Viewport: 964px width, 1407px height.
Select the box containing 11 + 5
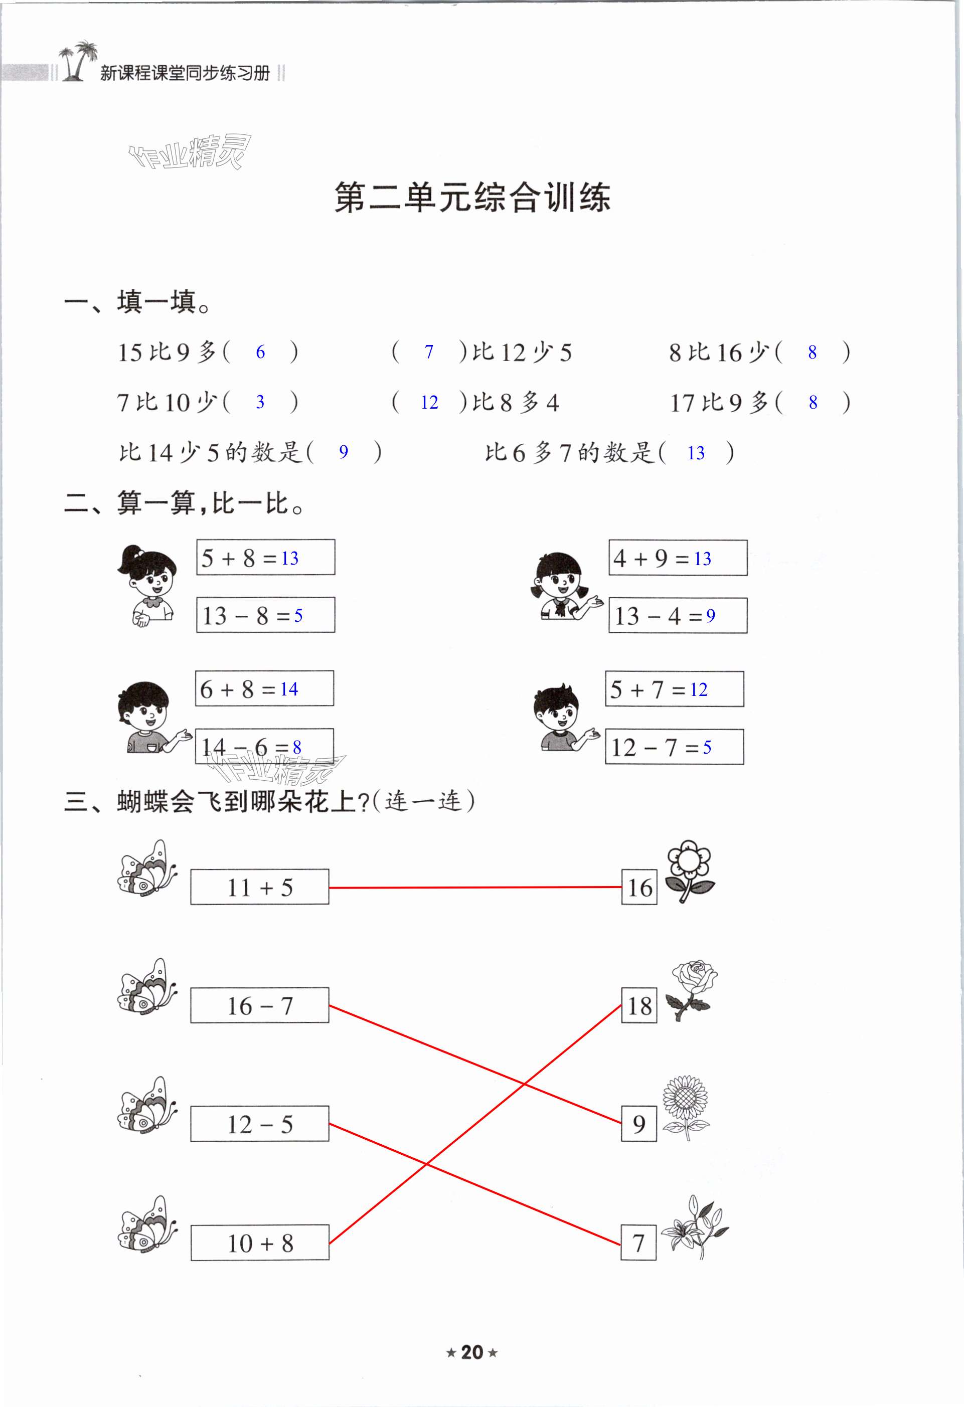[260, 887]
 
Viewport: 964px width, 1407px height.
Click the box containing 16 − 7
[260, 1005]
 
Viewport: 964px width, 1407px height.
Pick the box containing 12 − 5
[260, 1124]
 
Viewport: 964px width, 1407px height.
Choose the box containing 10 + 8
[260, 1243]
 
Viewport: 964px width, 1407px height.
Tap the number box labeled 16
[639, 888]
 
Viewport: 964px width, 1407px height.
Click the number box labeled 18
[639, 1005]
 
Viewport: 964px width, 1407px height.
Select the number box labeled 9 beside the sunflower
[639, 1124]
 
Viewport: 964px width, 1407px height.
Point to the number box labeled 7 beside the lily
[638, 1243]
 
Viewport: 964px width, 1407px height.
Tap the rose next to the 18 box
[690, 990]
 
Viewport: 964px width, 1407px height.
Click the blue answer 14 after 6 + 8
[289, 689]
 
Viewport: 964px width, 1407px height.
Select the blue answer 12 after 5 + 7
[698, 689]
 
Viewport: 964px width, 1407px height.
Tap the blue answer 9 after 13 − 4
[710, 616]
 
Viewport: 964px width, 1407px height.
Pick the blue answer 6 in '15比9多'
[260, 352]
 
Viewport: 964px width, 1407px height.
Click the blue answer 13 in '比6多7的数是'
[696, 453]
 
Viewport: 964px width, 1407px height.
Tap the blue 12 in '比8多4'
[429, 403]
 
